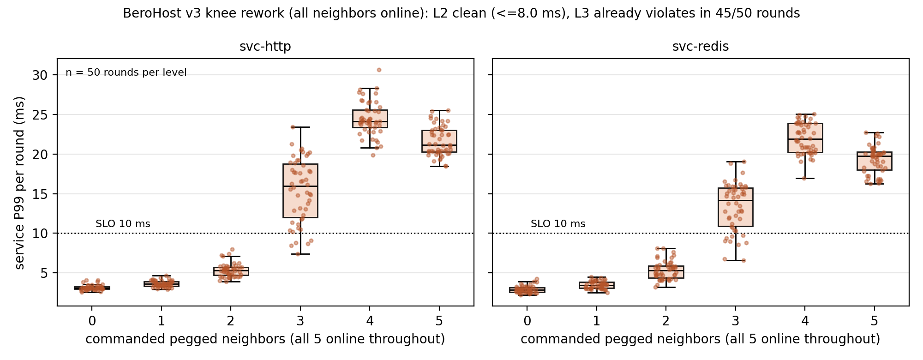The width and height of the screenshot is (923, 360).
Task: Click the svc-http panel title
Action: click(x=265, y=47)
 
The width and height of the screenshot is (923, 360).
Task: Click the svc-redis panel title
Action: click(x=701, y=47)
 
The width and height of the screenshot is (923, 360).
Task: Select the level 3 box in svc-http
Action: click(x=300, y=191)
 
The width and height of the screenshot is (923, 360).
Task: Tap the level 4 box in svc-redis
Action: click(x=805, y=138)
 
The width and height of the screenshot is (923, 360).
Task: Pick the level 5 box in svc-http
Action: click(x=439, y=141)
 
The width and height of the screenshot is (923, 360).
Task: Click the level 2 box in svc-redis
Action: click(x=666, y=272)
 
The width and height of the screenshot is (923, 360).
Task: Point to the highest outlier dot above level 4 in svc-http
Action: click(x=379, y=70)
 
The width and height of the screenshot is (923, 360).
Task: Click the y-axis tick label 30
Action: click(x=40, y=75)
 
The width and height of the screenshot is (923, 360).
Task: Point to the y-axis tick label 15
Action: click(x=40, y=194)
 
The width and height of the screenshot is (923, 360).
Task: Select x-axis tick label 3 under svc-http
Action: click(x=300, y=321)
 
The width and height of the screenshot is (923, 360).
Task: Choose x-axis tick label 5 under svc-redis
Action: click(x=874, y=321)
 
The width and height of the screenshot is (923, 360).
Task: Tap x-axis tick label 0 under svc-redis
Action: click(x=527, y=321)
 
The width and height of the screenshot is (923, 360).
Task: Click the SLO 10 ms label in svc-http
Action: click(x=123, y=224)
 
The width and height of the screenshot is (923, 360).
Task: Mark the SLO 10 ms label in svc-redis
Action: click(x=558, y=224)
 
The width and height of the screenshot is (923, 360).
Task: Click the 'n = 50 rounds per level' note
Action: click(x=126, y=72)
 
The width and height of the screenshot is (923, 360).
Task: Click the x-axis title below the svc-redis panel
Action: click(x=701, y=339)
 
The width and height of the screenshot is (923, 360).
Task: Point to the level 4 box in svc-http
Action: click(x=370, y=119)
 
